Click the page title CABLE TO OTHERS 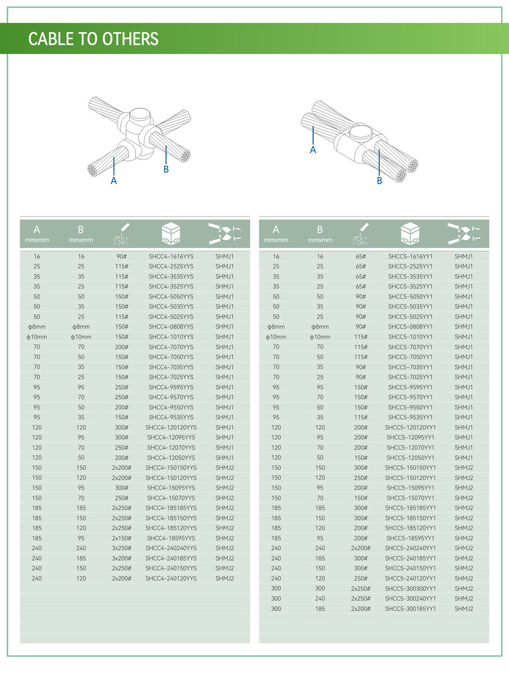pyautogui.click(x=93, y=39)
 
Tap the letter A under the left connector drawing pyautogui.click(x=114, y=181)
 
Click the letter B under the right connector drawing pyautogui.click(x=380, y=181)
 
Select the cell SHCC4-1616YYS pyautogui.click(x=171, y=256)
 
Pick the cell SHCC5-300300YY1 pyautogui.click(x=410, y=588)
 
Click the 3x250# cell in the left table pyautogui.click(x=121, y=548)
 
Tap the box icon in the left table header pyautogui.click(x=171, y=233)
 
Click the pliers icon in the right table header pyautogui.click(x=464, y=233)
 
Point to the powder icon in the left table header pyautogui.click(x=121, y=234)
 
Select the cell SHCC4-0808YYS pyautogui.click(x=171, y=327)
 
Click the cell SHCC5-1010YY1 pyautogui.click(x=410, y=337)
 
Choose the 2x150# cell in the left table pyautogui.click(x=121, y=538)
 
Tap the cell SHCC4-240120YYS pyautogui.click(x=171, y=578)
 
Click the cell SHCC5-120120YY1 pyautogui.click(x=410, y=427)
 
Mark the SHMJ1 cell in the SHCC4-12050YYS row pyautogui.click(x=224, y=457)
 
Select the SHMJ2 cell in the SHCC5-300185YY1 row pyautogui.click(x=464, y=608)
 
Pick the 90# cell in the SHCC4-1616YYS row pyautogui.click(x=121, y=256)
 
